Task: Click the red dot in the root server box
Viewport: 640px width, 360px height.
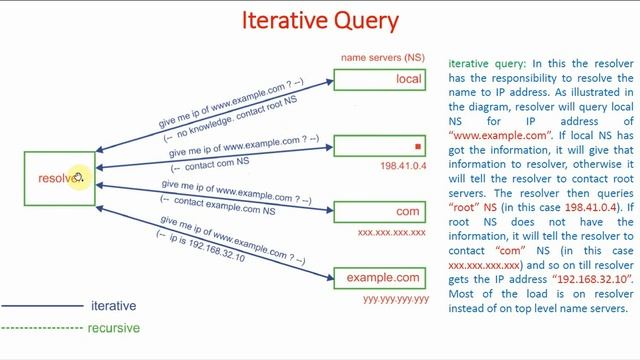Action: [418, 147]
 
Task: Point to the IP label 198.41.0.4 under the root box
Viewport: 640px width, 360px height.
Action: [404, 165]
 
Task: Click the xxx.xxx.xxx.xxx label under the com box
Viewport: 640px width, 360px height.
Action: [392, 232]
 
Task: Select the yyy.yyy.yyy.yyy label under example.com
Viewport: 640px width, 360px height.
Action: [395, 299]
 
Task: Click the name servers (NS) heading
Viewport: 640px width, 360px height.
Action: [380, 58]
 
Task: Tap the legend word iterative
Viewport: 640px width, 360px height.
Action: [112, 306]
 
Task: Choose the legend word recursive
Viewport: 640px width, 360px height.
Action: [114, 328]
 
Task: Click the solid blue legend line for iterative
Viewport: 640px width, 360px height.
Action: [40, 306]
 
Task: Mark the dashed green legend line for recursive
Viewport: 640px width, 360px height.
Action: [40, 328]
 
